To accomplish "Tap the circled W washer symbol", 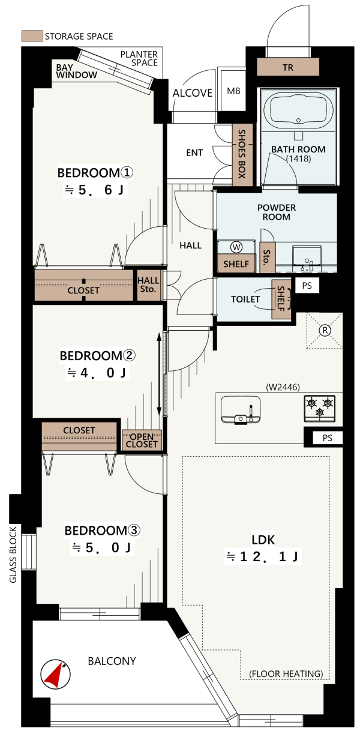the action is point(236,247).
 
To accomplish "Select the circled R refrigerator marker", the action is point(325,330).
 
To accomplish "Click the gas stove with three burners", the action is point(320,408).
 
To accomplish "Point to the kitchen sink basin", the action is point(241,409).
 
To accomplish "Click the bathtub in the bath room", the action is point(298,110).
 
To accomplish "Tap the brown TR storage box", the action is point(287,67).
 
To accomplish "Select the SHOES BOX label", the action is point(242,154).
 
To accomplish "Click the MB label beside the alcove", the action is point(233,91).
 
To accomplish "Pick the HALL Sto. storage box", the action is point(149,284).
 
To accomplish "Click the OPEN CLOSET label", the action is point(142,441).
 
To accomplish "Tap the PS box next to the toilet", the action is point(307,286).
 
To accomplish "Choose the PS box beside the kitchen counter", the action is point(327,438).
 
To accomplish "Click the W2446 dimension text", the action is point(283,387).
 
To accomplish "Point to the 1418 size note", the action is point(298,159).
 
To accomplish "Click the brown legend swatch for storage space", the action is point(32,36).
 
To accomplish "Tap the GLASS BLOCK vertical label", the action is point(13,555).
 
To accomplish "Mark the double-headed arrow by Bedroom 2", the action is point(159,374).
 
